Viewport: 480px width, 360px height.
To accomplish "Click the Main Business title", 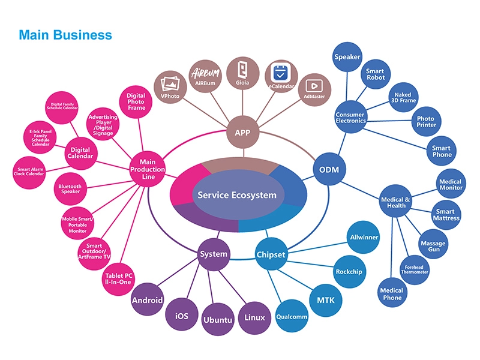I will [x=65, y=35].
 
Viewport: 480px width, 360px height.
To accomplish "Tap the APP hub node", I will [x=238, y=133].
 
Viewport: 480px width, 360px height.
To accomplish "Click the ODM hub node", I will [x=329, y=170].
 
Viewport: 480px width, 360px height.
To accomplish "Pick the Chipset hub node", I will [x=271, y=254].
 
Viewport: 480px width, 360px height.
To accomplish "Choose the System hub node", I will [x=214, y=254].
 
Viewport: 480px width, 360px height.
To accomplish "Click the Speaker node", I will [x=347, y=57].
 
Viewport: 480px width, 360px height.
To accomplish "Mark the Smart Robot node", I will [x=375, y=75].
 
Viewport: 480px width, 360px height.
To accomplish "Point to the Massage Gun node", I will [x=433, y=247].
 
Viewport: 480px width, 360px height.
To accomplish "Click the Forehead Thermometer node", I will [x=415, y=269].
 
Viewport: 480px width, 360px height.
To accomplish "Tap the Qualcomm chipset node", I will [x=291, y=316].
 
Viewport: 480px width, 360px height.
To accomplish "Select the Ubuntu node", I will [x=217, y=319].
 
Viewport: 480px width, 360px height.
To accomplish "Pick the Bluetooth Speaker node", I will [x=70, y=190].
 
